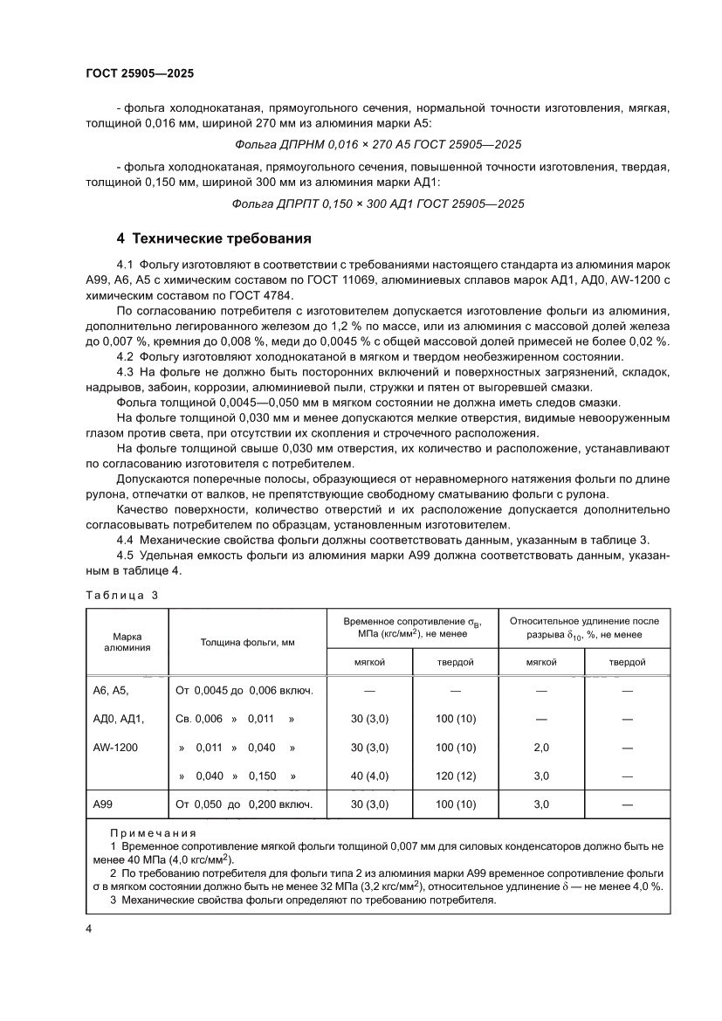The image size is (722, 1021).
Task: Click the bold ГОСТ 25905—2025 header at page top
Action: pos(140,74)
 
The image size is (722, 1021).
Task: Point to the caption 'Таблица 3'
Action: pos(121,595)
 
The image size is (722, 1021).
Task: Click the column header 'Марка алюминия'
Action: pos(127,642)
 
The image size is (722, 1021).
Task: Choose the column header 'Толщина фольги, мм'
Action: pos(247,642)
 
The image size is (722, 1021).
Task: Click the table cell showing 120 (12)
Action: pos(455,776)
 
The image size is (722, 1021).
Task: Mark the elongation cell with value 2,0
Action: pos(540,748)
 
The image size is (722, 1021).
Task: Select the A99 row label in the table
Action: pos(104,804)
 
